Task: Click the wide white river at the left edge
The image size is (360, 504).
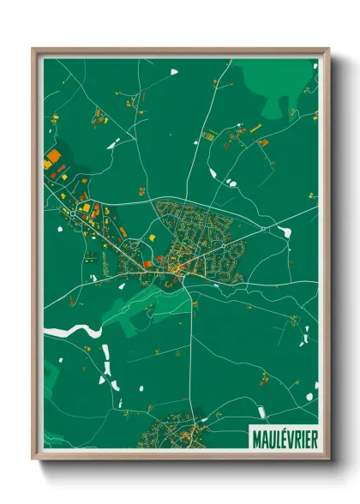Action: pyautogui.click(x=64, y=331)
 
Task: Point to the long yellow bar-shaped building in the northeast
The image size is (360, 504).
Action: pyautogui.click(x=255, y=128)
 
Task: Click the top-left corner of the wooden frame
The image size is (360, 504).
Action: pyautogui.click(x=33, y=50)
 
